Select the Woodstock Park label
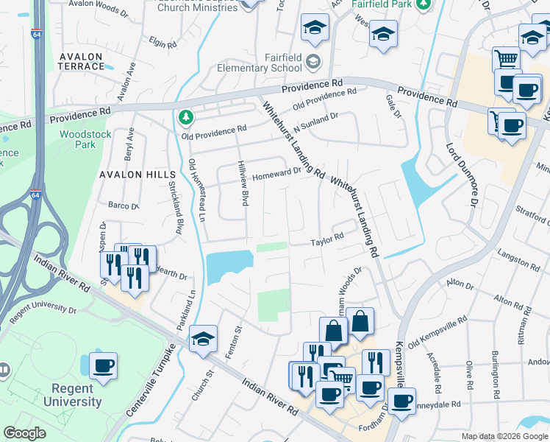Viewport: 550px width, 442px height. click(78, 139)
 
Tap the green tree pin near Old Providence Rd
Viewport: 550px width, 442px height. click(186, 117)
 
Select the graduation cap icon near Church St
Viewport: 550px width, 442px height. click(203, 338)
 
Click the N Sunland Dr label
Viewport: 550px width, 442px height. click(315, 122)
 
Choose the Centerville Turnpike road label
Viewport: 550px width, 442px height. click(150, 383)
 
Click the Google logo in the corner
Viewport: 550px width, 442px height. click(25, 433)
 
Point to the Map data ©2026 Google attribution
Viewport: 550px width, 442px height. click(504, 436)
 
